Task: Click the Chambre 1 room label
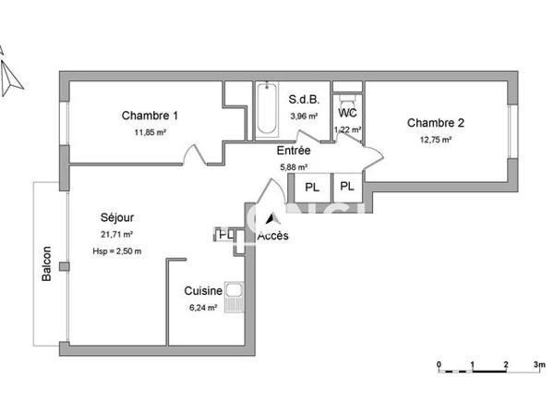(150, 116)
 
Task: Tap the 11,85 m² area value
(150, 132)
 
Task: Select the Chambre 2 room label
(435, 123)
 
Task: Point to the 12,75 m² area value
(435, 140)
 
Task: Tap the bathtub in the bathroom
(266, 109)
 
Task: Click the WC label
(347, 113)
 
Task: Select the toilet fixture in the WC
(347, 96)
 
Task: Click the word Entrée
(294, 151)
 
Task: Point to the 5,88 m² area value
(295, 167)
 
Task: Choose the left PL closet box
(312, 187)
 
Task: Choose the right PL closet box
(346, 187)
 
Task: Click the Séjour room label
(117, 217)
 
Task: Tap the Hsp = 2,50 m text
(117, 251)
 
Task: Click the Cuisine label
(202, 290)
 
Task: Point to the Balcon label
(46, 265)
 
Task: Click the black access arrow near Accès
(271, 219)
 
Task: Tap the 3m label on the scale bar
(538, 364)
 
